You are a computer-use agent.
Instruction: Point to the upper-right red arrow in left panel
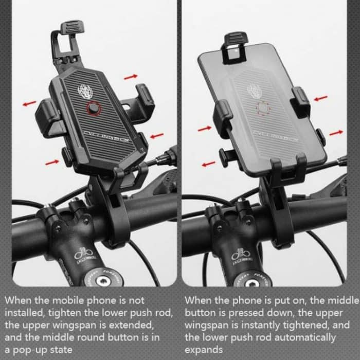point(131,76)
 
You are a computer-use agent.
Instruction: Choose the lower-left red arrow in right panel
point(208,164)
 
